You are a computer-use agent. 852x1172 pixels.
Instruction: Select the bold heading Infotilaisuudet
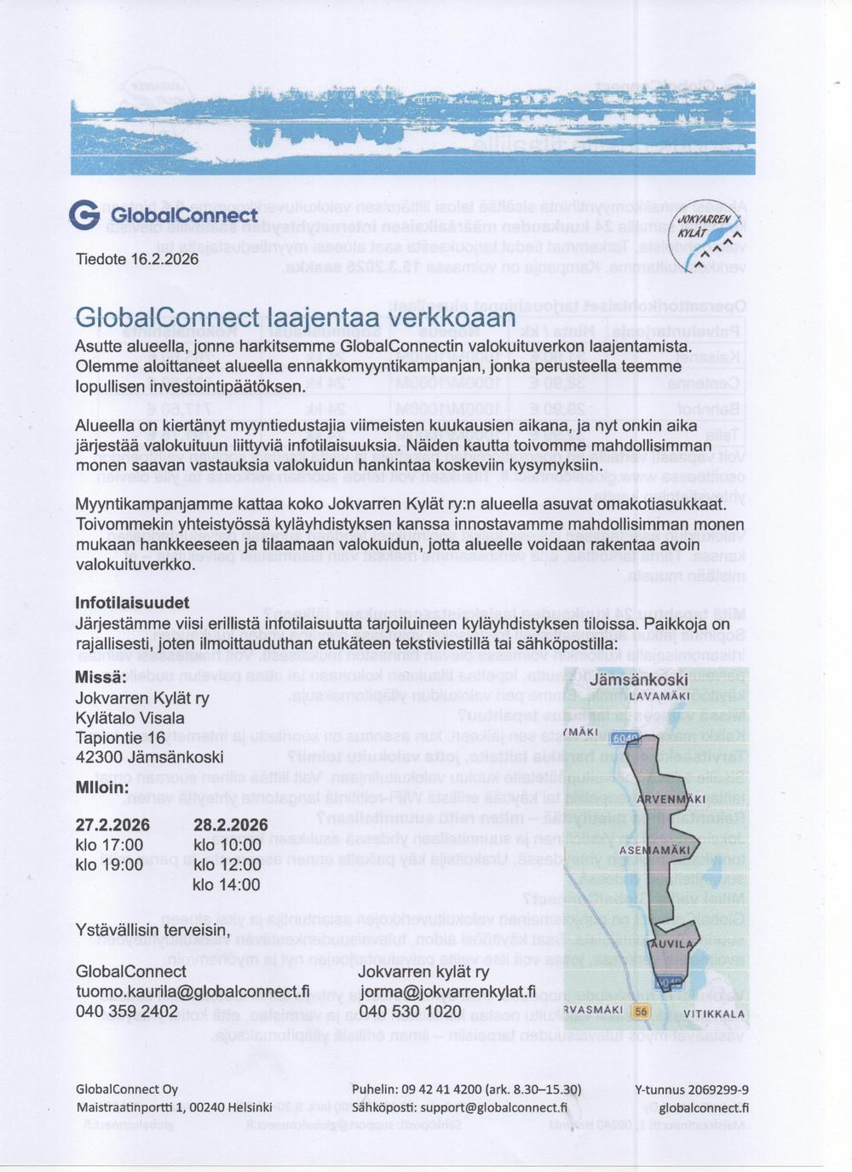tap(132, 602)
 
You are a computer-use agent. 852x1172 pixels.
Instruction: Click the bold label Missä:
tap(101, 677)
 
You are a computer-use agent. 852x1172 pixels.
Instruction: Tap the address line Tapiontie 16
tap(120, 737)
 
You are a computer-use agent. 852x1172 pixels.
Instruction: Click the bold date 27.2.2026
tap(112, 824)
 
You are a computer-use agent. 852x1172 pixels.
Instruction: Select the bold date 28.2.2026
tap(230, 824)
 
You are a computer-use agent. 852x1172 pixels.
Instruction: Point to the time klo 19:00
tap(109, 865)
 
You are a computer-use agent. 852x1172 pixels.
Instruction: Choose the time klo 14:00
tap(227, 885)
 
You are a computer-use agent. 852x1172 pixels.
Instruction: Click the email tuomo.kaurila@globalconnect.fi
tap(193, 991)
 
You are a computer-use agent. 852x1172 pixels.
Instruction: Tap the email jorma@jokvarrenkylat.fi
tap(447, 991)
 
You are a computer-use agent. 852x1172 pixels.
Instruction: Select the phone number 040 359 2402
tap(127, 1011)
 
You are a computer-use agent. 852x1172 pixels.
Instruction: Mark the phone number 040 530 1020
tap(411, 1011)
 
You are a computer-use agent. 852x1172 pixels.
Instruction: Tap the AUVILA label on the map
tap(671, 945)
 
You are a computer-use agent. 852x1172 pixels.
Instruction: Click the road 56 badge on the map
tap(641, 1011)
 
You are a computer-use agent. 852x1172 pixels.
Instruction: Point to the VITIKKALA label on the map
tap(714, 1014)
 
